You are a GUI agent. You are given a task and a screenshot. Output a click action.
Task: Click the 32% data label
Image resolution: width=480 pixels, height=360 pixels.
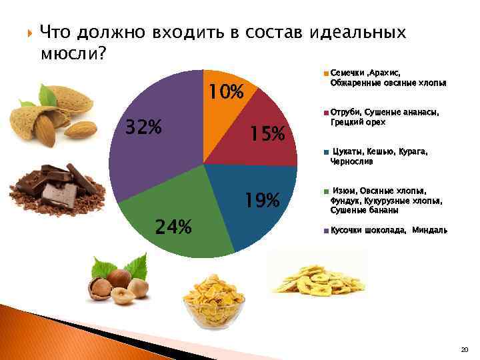click(x=143, y=126)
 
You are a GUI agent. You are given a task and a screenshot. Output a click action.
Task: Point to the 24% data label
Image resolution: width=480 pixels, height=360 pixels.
click(x=173, y=227)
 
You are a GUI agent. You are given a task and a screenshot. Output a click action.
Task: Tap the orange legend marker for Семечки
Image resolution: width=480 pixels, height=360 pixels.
click(x=325, y=73)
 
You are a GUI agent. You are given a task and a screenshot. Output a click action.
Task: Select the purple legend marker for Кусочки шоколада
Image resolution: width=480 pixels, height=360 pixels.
click(x=325, y=231)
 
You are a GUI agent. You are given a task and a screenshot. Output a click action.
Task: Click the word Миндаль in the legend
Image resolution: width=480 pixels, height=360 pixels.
click(x=429, y=230)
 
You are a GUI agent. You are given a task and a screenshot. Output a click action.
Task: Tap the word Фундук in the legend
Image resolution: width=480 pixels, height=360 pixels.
click(x=344, y=200)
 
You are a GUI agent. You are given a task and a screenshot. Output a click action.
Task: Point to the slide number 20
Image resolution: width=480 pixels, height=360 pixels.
click(x=464, y=349)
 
